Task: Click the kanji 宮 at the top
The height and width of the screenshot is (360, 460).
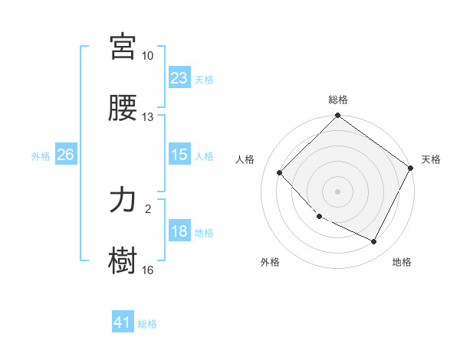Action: pyautogui.click(x=123, y=47)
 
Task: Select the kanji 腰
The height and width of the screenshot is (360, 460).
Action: pyautogui.click(x=123, y=108)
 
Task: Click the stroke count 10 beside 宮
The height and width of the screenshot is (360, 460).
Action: pyautogui.click(x=148, y=56)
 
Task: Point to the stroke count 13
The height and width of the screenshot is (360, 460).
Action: pyautogui.click(x=148, y=117)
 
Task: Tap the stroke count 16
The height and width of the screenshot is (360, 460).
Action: pyautogui.click(x=148, y=270)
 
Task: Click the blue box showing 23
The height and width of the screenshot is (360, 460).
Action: pyautogui.click(x=179, y=77)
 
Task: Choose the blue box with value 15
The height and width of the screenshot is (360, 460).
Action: pyautogui.click(x=179, y=155)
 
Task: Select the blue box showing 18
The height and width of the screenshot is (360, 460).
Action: pyautogui.click(x=179, y=231)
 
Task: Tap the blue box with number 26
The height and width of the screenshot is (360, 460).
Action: pyautogui.click(x=65, y=155)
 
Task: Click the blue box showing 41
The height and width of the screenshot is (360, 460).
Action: pyautogui.click(x=123, y=322)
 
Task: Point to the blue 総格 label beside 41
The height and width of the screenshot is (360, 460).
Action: pyautogui.click(x=147, y=324)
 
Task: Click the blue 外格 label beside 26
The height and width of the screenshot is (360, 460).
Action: pyautogui.click(x=41, y=156)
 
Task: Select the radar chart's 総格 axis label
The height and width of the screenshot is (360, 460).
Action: pyautogui.click(x=338, y=100)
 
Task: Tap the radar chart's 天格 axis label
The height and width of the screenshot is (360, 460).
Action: pyautogui.click(x=431, y=159)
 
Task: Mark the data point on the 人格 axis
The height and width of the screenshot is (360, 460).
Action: pyautogui.click(x=280, y=172)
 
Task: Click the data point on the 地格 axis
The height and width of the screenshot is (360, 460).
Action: pyautogui.click(x=374, y=242)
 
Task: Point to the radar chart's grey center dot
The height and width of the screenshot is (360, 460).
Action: pyautogui.click(x=338, y=191)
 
